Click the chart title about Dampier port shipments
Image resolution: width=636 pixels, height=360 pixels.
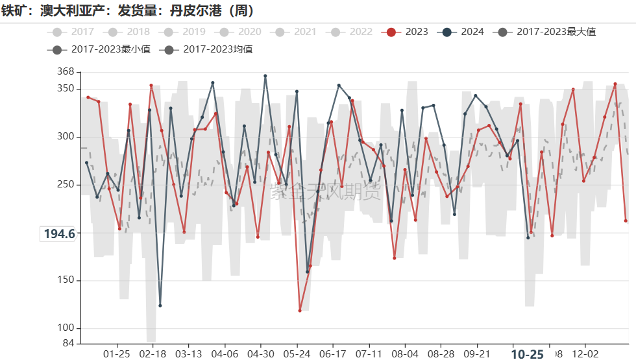point(128,11)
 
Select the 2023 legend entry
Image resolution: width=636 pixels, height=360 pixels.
point(407,32)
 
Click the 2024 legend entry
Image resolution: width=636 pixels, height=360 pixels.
point(463,32)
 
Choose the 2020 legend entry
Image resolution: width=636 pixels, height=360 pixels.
point(241,32)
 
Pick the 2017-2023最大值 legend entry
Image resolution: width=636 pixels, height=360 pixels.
point(546,32)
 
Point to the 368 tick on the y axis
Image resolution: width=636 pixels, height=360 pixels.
point(66,71)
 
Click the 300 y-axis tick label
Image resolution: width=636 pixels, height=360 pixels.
point(66,137)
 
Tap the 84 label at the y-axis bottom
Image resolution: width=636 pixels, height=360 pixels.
point(69,343)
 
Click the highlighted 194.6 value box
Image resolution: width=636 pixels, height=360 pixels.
point(59,234)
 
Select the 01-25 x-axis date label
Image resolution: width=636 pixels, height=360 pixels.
point(117,354)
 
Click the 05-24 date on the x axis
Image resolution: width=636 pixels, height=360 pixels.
point(297,354)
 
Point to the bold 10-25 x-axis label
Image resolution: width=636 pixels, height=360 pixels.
point(527,354)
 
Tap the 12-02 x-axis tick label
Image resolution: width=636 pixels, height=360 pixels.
point(585,354)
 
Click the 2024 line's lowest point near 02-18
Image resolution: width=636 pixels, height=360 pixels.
point(160,306)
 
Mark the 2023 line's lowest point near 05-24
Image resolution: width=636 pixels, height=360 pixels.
point(300,311)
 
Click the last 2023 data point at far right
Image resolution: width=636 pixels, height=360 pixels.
point(626,221)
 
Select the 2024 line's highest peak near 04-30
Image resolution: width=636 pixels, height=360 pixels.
point(265,76)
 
